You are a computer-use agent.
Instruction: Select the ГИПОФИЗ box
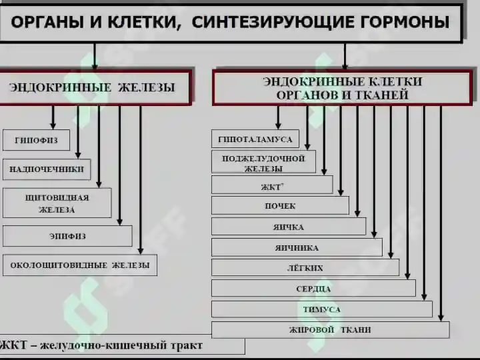point(37,140)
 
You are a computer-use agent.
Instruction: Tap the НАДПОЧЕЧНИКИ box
point(47,169)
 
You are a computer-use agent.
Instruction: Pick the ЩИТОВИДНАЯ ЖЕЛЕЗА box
point(57,203)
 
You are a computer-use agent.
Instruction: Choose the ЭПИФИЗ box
point(67,236)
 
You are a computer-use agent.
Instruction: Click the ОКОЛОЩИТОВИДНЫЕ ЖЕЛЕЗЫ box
point(80,265)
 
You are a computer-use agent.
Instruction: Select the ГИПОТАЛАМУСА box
point(255,139)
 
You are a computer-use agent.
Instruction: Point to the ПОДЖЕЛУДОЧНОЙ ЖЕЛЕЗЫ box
point(263,162)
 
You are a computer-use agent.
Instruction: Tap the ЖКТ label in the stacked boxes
point(271,187)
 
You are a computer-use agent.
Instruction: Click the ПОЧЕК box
point(280,206)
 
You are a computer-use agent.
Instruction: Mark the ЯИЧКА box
point(289,227)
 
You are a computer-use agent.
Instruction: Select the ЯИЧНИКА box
point(297,247)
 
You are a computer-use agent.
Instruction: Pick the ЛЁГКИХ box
point(305,268)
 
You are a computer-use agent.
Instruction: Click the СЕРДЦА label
point(313,289)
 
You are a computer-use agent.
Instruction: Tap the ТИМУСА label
point(322,309)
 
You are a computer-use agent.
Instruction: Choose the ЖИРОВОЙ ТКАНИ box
point(330,330)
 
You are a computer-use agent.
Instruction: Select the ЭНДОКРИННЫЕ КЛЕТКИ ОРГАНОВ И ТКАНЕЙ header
point(342,88)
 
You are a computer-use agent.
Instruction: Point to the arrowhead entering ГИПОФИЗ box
point(53,125)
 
